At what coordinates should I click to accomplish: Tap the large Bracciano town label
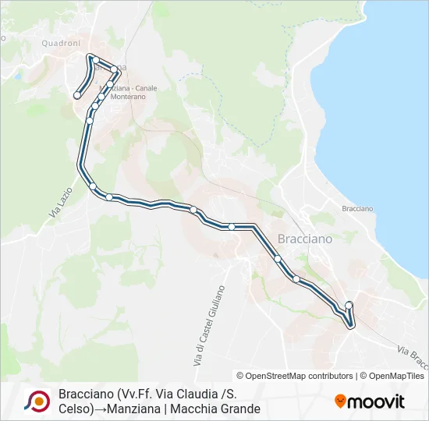(x=305, y=239)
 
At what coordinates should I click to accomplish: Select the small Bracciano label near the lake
(x=357, y=209)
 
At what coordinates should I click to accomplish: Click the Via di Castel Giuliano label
(x=207, y=326)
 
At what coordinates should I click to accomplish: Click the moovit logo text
(x=376, y=402)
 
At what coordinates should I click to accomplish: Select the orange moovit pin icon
(x=341, y=401)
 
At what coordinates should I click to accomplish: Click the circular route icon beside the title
(x=37, y=401)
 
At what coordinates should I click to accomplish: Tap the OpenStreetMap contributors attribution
(x=295, y=376)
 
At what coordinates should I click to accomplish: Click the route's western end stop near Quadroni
(x=77, y=95)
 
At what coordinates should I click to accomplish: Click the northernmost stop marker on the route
(x=91, y=57)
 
